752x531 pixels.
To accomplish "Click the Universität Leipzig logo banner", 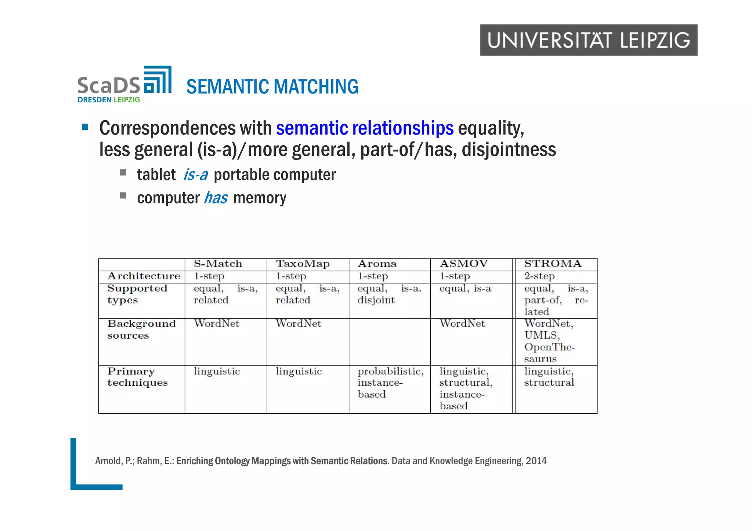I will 588,40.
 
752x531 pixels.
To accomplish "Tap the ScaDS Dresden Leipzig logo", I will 124,85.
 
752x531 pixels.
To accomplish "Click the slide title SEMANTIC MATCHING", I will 272,87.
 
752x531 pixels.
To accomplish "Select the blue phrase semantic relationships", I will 365,128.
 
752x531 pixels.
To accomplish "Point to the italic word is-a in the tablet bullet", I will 195,175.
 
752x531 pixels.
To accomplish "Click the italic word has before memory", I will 216,198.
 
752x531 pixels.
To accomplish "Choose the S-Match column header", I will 218,264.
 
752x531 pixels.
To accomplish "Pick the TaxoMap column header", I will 303,264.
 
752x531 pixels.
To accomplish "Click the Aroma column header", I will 377,264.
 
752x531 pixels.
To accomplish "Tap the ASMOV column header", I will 463,264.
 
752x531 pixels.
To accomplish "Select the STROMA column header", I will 553,264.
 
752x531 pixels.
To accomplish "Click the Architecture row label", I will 144,276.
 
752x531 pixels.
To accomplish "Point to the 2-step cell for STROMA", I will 539,276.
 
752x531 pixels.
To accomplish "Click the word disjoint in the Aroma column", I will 376,300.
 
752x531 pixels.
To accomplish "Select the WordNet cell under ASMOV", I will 462,324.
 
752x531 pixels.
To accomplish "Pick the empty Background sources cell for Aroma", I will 389,342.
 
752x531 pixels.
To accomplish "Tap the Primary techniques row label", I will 137,377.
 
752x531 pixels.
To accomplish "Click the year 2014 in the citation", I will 536,461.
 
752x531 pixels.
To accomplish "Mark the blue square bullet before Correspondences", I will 85,127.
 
